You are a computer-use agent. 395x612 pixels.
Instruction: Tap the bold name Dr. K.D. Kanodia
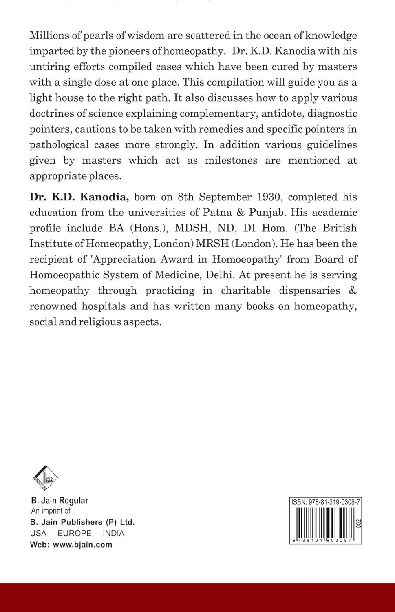79,197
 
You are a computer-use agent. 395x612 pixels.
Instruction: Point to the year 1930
269,197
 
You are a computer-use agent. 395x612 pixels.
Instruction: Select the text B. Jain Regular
60,500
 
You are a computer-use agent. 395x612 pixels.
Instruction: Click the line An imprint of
51,511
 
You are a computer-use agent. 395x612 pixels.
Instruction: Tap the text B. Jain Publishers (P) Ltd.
82,522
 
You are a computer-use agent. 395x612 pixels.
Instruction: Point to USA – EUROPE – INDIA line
77,533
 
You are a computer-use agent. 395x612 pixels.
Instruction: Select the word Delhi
220,275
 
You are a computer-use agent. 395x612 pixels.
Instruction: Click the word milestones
231,160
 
